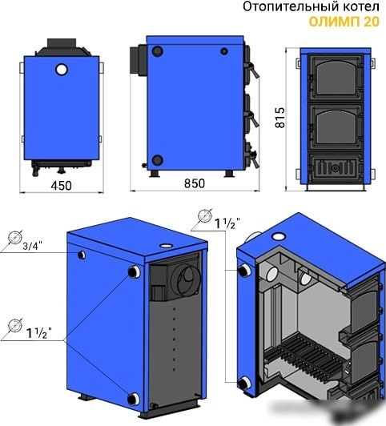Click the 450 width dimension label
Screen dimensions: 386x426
point(61,186)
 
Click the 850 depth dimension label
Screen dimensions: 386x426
point(195,183)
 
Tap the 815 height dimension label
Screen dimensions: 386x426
point(280,118)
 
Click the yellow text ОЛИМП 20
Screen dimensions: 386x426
point(344,22)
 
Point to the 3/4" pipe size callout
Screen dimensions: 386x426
point(33,246)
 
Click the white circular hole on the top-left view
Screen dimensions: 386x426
point(62,70)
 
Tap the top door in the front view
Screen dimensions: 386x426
point(336,78)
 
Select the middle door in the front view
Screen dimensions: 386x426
point(336,127)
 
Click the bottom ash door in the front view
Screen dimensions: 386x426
point(336,168)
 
